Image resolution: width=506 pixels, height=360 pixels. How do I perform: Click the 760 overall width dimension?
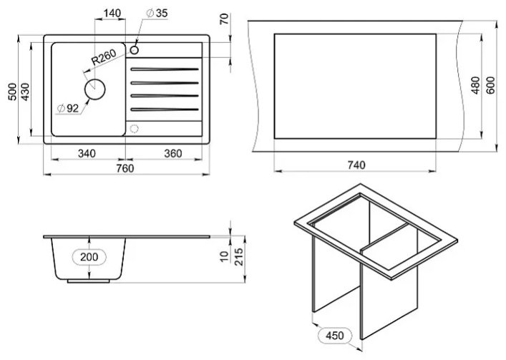click(x=125, y=168)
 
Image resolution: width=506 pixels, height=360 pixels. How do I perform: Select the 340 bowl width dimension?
click(x=87, y=154)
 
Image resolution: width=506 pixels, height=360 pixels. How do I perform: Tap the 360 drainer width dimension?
click(x=173, y=154)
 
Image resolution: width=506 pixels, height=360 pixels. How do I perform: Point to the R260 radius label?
click(x=103, y=57)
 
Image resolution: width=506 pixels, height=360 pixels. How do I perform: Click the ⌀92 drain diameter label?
click(x=68, y=109)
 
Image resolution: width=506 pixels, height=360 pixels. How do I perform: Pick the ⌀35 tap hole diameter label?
click(x=157, y=13)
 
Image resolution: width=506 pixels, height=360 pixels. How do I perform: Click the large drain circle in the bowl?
click(x=95, y=89)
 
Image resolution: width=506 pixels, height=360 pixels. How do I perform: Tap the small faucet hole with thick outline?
click(x=135, y=50)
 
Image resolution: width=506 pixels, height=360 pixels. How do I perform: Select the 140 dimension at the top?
click(x=112, y=13)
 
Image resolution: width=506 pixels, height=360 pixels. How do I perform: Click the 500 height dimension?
click(x=12, y=92)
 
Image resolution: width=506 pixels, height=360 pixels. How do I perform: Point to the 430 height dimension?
click(x=25, y=92)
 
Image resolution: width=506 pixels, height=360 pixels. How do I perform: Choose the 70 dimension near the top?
click(x=224, y=19)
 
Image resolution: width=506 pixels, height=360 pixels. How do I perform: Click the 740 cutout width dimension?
click(x=356, y=165)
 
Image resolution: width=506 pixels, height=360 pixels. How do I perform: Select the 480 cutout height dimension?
click(x=475, y=85)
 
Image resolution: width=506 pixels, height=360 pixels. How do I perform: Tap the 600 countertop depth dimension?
click(x=490, y=85)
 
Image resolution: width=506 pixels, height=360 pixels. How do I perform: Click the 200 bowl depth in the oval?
click(x=89, y=257)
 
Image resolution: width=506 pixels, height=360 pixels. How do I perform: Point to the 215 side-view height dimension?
click(x=239, y=257)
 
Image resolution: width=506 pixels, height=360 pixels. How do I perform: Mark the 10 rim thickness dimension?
click(x=224, y=256)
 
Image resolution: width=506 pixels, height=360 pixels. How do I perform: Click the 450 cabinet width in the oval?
click(x=335, y=336)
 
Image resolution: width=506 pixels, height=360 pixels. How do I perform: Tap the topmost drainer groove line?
click(x=165, y=69)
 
